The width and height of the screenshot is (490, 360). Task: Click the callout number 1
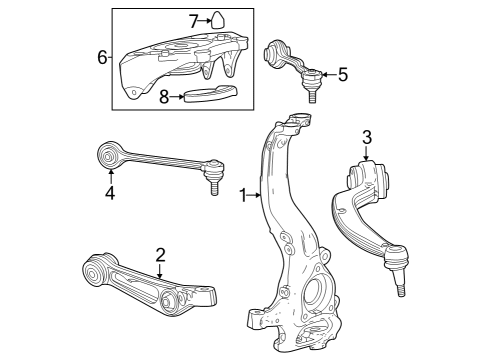tap(242, 196)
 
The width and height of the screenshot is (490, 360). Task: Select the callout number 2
tap(159, 255)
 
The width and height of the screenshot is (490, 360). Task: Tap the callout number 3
tap(367, 136)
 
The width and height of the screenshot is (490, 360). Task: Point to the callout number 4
tap(110, 194)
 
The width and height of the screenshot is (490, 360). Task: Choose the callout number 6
tap(102, 57)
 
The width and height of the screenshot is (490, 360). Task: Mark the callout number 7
tap(195, 19)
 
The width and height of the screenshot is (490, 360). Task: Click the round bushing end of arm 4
tap(112, 155)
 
